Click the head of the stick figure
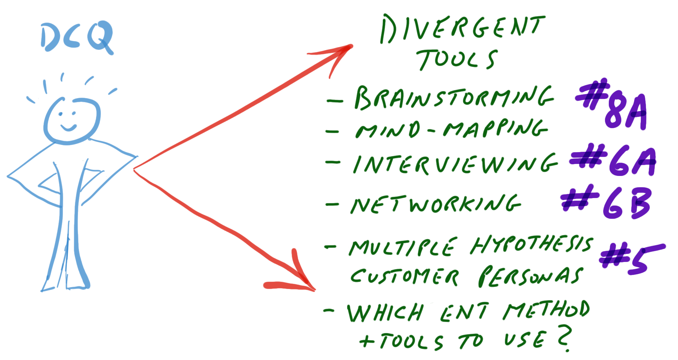tap(72, 121)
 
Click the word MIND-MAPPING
tap(451, 129)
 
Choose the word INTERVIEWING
tap(456, 164)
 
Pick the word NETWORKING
tap(436, 204)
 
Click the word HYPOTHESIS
tap(532, 244)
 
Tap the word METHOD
tap(547, 310)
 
